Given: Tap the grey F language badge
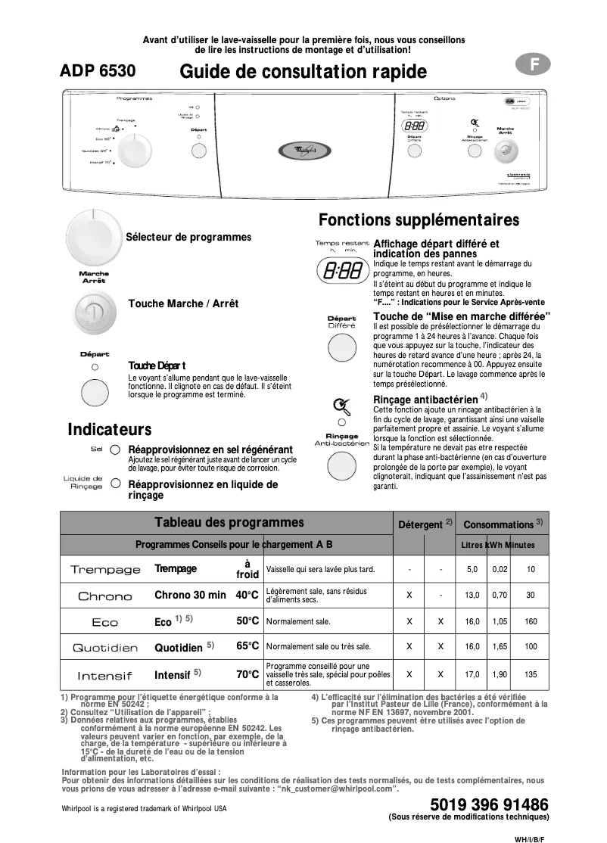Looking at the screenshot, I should click(534, 65).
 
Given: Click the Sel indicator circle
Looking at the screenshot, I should click(115, 449).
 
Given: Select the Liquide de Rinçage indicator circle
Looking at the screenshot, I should click(115, 483).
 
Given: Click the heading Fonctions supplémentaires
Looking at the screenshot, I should click(419, 220).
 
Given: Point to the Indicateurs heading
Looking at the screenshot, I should click(110, 430).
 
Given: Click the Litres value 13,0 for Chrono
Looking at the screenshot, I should click(472, 596).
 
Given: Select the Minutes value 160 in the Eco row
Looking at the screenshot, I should click(531, 621).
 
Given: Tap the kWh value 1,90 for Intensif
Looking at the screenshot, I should click(500, 673).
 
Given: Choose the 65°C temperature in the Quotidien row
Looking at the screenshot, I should click(247, 646).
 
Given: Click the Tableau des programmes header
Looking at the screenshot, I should click(229, 522).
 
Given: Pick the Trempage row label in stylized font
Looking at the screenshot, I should click(105, 570).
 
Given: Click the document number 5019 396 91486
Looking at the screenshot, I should click(488, 804).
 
